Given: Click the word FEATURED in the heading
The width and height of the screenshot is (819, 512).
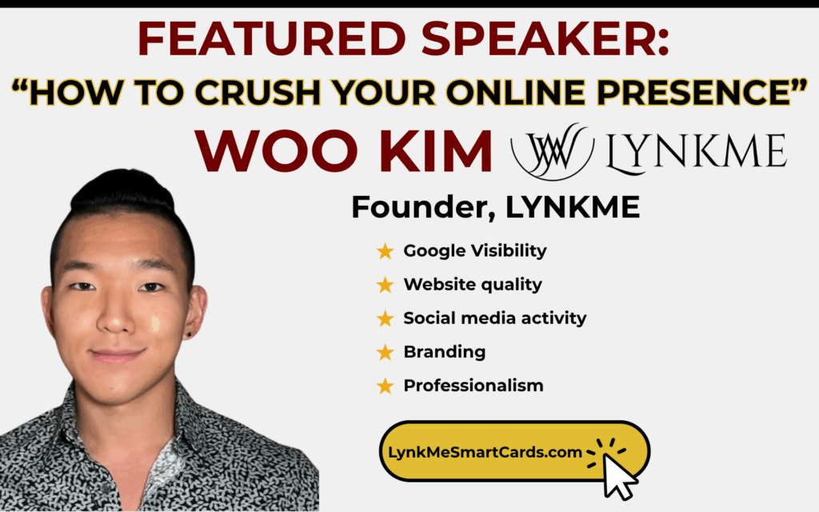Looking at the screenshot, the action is click(x=272, y=38).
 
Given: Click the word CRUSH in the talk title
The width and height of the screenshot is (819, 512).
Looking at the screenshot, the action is click(x=258, y=93).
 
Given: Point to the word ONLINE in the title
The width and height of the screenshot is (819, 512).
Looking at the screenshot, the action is click(x=516, y=93).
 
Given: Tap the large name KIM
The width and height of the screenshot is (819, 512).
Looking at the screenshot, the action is click(x=435, y=151).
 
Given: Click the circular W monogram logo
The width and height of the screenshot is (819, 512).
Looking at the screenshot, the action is click(x=552, y=151).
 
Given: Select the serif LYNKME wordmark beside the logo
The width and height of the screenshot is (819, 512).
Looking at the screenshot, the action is click(x=697, y=153).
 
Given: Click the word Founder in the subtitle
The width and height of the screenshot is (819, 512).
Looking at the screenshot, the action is click(x=423, y=207).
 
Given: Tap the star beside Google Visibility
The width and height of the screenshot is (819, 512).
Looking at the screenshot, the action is click(x=385, y=251).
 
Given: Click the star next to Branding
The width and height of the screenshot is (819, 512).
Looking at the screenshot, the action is click(x=385, y=353).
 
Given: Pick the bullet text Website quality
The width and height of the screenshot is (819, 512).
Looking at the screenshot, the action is click(x=473, y=285).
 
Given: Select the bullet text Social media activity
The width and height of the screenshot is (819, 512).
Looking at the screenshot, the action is click(x=494, y=318).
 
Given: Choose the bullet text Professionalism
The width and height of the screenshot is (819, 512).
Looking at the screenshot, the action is click(x=473, y=386).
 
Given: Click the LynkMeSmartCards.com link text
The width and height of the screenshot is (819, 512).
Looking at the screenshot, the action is click(x=485, y=453).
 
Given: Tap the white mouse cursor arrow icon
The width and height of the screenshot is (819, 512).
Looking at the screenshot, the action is click(x=619, y=476).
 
